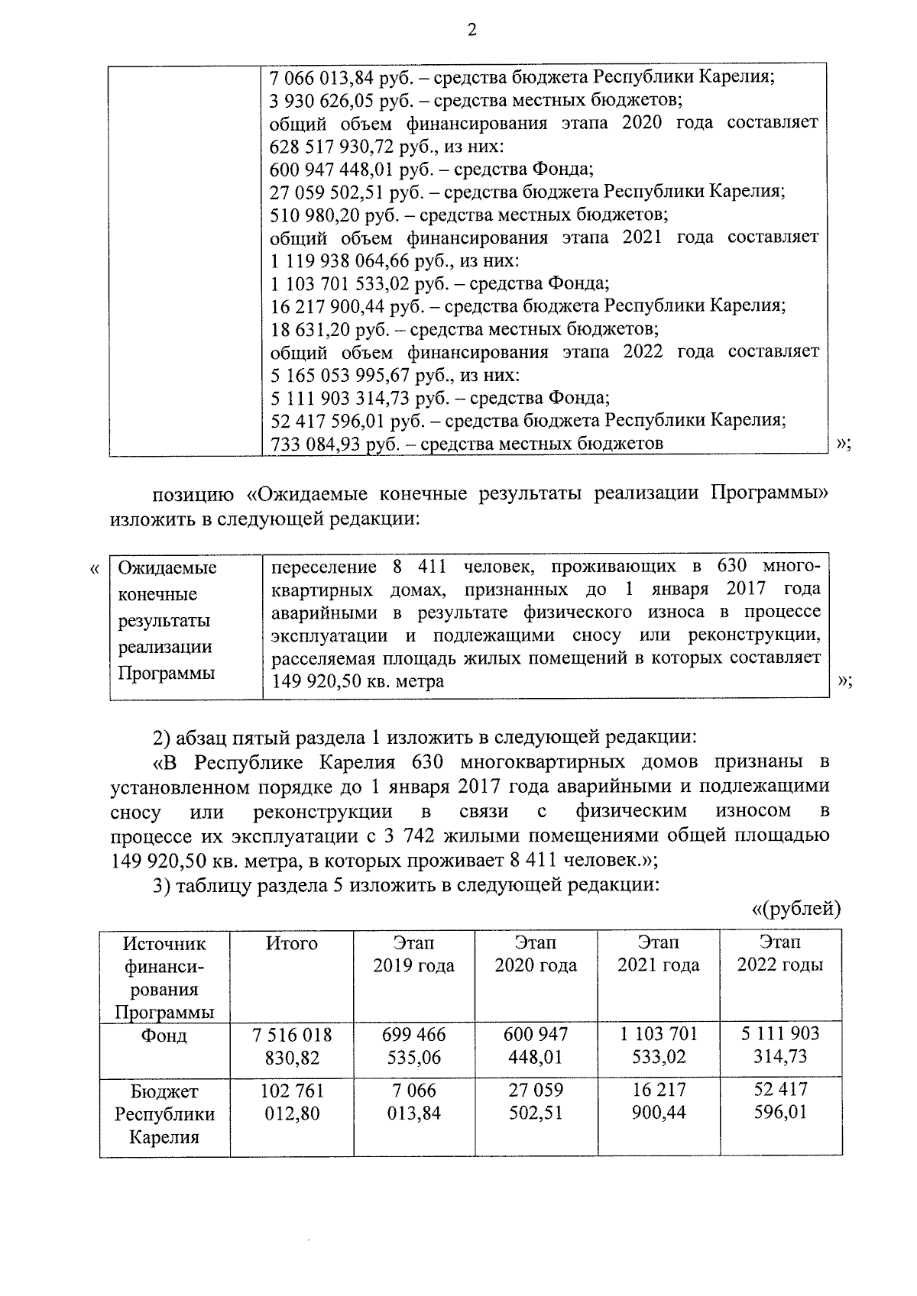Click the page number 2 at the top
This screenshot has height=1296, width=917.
point(471,30)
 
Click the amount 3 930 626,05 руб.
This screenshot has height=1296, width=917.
point(340,100)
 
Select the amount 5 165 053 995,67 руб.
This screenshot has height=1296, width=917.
point(351,376)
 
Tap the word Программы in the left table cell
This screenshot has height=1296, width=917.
point(166,674)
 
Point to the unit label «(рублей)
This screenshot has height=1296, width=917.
point(795,909)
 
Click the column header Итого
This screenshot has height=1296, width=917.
point(292,944)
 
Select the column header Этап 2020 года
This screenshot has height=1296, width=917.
point(536,954)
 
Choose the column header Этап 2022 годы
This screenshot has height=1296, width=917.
point(780,954)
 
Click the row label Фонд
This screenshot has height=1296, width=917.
point(164,1036)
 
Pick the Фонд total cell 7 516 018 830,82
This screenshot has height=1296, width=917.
point(292,1046)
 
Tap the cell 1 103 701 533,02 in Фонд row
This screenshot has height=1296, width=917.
point(658,1046)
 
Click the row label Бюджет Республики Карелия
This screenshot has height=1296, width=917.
point(164,1113)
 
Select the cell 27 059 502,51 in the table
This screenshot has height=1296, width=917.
point(536,1102)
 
